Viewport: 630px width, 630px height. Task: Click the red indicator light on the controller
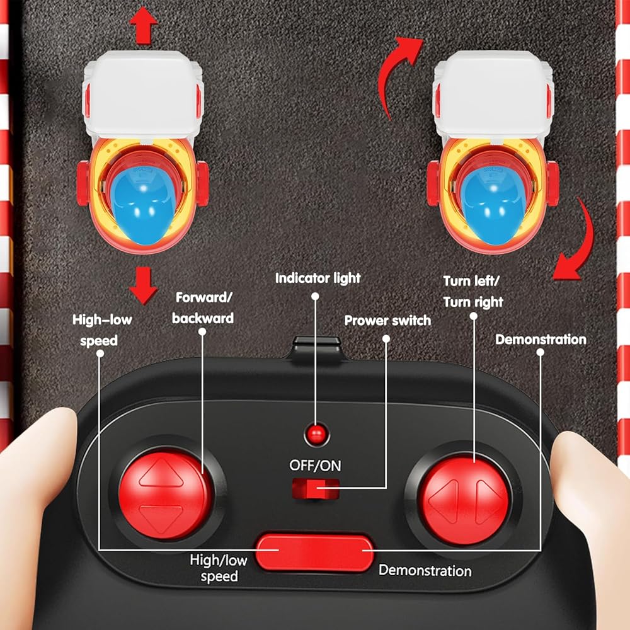tap(316, 432)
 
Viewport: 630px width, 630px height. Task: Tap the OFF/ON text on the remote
tap(315, 466)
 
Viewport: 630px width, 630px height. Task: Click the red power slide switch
tap(315, 488)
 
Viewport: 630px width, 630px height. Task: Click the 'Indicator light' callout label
tap(318, 278)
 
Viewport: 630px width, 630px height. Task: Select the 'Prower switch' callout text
tap(387, 321)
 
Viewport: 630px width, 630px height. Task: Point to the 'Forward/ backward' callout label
tap(203, 307)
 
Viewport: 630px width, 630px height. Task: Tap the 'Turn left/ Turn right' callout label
tap(474, 292)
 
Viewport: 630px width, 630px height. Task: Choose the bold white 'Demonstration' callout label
tap(541, 340)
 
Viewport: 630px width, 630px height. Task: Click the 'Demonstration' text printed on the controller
tap(425, 571)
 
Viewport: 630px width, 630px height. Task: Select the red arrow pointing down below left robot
tap(143, 285)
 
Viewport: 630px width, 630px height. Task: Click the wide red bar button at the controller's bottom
tap(314, 552)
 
